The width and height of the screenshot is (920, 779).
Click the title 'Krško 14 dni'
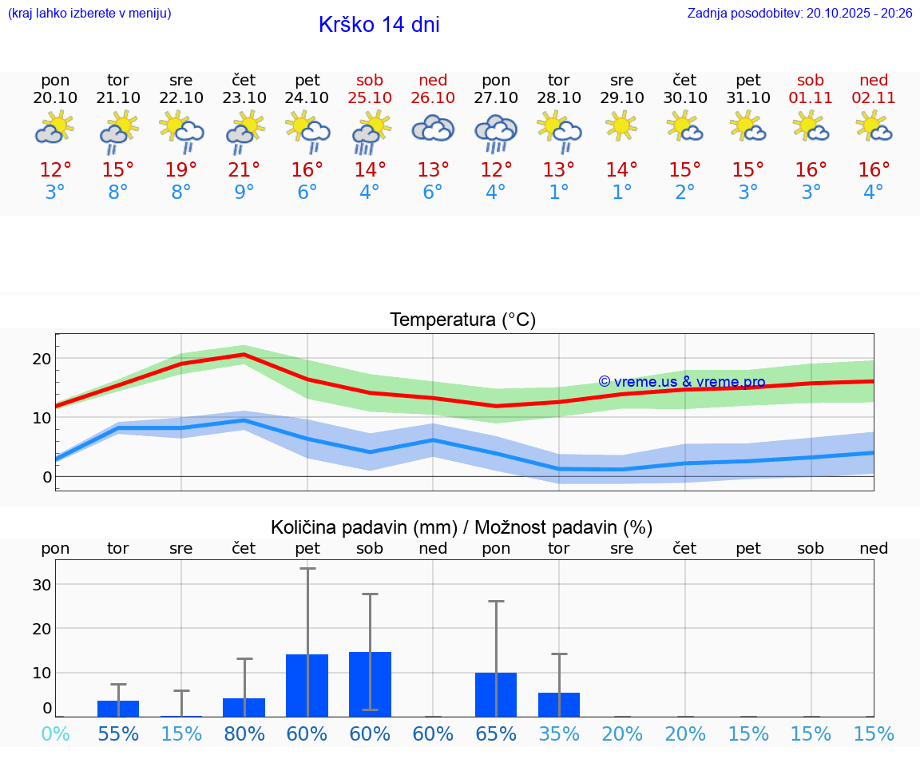[379, 25]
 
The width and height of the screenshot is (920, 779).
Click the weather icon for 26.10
[433, 129]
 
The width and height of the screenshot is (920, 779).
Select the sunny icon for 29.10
[621, 126]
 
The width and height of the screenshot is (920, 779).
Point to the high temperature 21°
[244, 170]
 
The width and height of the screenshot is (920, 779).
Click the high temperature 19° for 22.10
[181, 170]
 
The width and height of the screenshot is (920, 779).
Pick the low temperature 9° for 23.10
[244, 193]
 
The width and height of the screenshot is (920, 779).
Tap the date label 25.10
[370, 98]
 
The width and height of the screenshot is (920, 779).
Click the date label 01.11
[811, 98]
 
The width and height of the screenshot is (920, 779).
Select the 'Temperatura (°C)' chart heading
[462, 320]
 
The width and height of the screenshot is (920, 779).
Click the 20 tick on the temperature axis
[42, 359]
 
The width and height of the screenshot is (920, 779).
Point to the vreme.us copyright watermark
[681, 382]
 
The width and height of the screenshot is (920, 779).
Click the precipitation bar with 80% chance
[244, 707]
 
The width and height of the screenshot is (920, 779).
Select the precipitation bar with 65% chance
[496, 694]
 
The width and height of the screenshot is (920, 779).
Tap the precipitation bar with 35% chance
[559, 705]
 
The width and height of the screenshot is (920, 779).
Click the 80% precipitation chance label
[244, 733]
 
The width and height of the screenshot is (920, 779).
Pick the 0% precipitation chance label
[55, 733]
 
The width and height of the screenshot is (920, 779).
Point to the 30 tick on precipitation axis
[42, 585]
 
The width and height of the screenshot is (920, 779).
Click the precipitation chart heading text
[462, 527]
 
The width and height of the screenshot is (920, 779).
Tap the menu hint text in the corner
[89, 13]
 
